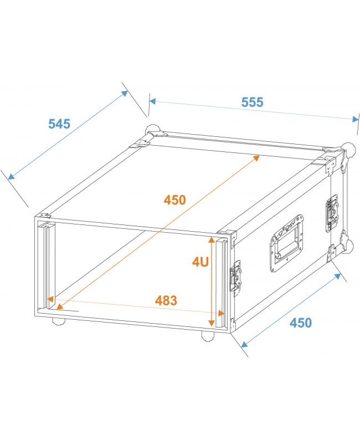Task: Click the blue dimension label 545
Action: [x=59, y=124]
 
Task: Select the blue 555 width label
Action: [x=252, y=103]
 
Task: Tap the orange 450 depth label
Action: [x=174, y=199]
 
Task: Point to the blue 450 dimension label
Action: [x=301, y=323]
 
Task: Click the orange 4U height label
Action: [x=200, y=262]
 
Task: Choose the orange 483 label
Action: [x=166, y=301]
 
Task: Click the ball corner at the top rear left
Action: [x=152, y=131]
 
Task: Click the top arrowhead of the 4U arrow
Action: [x=212, y=240]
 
